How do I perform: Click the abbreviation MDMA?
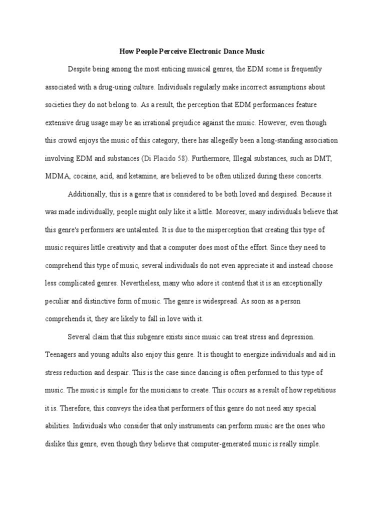56,176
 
